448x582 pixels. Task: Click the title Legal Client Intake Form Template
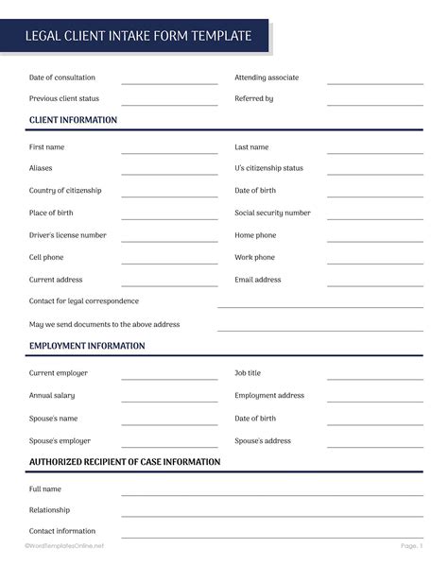pos(139,37)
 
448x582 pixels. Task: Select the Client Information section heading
pos(74,120)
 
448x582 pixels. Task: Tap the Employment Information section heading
pos(87,346)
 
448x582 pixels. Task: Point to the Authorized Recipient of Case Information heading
pos(125,462)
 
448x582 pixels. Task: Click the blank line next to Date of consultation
pos(169,82)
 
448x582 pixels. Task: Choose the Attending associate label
pos(267,77)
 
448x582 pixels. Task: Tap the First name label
pos(47,147)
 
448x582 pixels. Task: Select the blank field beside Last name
pos(375,152)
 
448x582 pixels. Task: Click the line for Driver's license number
pos(169,240)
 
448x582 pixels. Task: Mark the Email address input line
pos(375,284)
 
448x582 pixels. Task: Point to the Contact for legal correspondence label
pos(84,301)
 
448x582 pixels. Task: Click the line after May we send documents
pos(320,329)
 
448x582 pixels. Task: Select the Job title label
pos(248,373)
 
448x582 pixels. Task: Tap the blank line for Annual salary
pos(169,401)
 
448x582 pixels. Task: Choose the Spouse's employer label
pos(60,440)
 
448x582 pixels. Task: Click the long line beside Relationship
pos(272,515)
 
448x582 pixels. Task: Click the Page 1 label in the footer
pos(411,546)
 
